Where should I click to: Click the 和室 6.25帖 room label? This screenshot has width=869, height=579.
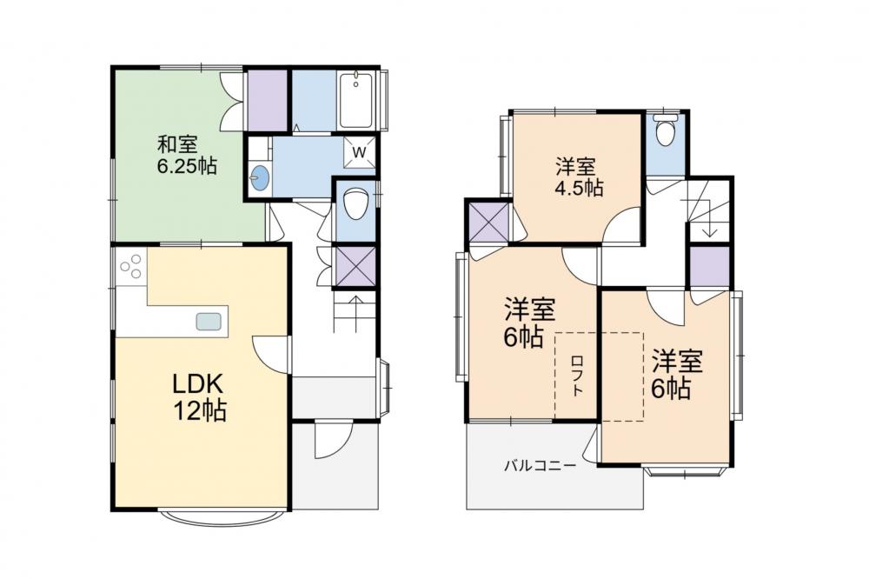[x=187, y=156]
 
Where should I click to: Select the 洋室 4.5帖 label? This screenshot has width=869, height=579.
[x=578, y=177]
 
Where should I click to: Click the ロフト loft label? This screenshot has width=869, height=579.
[x=577, y=376]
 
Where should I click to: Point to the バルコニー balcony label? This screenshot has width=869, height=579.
[x=540, y=466]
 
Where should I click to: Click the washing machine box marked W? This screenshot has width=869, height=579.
[x=359, y=151]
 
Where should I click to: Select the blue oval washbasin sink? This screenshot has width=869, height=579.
[x=259, y=178]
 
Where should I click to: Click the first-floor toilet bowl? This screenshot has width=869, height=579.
[x=355, y=204]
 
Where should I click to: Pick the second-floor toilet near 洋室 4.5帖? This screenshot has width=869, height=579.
[x=665, y=131]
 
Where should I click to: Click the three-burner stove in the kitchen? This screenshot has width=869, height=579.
[x=132, y=267]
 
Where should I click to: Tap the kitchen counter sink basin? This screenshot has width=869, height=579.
[x=209, y=321]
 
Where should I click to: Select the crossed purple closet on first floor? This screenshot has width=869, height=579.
[x=355, y=267]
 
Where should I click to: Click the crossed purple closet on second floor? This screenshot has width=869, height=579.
[x=488, y=223]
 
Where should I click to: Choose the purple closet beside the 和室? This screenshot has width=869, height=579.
[x=267, y=100]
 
